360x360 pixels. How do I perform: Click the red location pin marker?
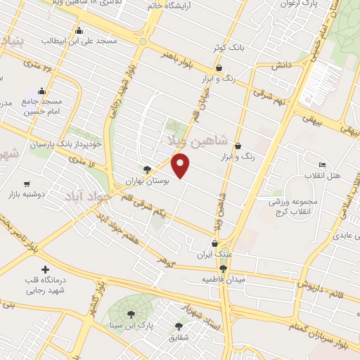(181, 166)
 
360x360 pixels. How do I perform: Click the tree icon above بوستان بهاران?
(146, 169)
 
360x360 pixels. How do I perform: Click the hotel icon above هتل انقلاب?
(322, 164)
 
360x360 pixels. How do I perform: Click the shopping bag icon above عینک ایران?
(214, 243)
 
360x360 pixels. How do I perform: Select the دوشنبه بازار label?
(26, 193)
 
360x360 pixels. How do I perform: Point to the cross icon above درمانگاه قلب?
(46, 269)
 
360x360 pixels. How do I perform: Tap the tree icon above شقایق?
(179, 326)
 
